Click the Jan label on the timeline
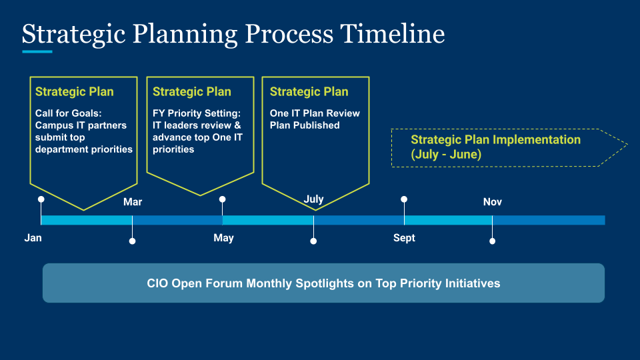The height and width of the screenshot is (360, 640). coord(33,238)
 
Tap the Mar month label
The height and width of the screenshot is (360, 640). coord(133,202)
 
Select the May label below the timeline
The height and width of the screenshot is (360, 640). coord(224,238)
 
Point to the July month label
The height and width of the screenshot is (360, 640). coord(313,199)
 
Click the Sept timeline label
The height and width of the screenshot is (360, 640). coord(404,238)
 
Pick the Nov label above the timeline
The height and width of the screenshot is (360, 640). coord(493,202)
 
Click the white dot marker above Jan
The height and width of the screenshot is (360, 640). coord(41,199)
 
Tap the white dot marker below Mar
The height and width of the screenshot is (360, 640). coord(132,241)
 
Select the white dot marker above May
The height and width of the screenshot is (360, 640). coord(223,199)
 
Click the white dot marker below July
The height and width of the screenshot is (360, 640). coord(313,241)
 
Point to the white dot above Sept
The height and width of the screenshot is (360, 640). coord(404,199)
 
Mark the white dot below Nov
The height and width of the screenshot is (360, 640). coord(492,241)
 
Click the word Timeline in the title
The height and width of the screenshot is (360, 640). coord(392,33)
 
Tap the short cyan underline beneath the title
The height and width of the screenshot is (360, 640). coord(37,51)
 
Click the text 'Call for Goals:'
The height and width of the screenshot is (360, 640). coord(68,113)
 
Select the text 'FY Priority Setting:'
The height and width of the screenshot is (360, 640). coord(197,113)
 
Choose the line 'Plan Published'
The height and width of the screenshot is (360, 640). coord(305,125)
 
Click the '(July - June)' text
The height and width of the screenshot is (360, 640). coord(446,154)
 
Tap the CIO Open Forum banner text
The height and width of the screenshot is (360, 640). coord(323,283)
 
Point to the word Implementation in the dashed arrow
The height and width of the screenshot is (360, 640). coord(536,140)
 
